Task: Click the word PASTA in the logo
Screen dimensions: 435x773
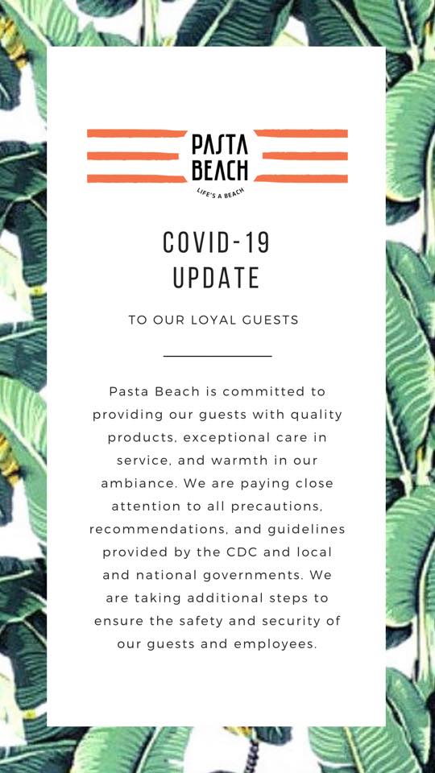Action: pyautogui.click(x=220, y=146)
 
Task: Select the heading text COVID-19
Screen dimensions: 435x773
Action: pyautogui.click(x=217, y=242)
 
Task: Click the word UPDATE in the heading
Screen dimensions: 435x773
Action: pyautogui.click(x=217, y=278)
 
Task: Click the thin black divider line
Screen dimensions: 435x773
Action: pyautogui.click(x=217, y=355)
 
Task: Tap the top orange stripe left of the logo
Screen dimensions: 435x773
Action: pyautogui.click(x=137, y=133)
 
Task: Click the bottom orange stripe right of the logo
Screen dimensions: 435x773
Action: pyautogui.click(x=301, y=179)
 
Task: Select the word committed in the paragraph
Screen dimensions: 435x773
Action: pyautogui.click(x=264, y=392)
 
